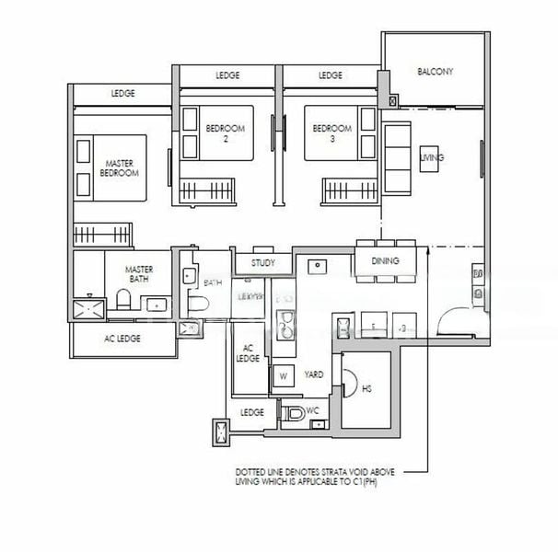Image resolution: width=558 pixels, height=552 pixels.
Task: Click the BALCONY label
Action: (x=435, y=71)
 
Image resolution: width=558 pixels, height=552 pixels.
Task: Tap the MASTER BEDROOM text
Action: (x=119, y=168)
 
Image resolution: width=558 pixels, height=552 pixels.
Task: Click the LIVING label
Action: (x=432, y=158)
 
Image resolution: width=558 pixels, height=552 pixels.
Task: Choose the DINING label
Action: (x=386, y=261)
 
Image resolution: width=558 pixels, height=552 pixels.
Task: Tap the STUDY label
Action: (x=263, y=263)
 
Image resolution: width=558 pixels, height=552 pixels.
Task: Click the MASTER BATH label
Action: (x=140, y=274)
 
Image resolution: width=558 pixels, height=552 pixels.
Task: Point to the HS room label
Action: (x=366, y=390)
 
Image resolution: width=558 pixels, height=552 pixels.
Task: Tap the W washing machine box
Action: (x=282, y=376)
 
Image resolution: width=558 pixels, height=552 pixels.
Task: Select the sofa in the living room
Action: (x=397, y=158)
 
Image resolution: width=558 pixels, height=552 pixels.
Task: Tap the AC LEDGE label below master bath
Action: (x=122, y=339)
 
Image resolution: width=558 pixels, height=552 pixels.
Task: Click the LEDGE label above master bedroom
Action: (x=122, y=94)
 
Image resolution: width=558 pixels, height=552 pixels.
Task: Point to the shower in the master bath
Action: (x=89, y=305)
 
